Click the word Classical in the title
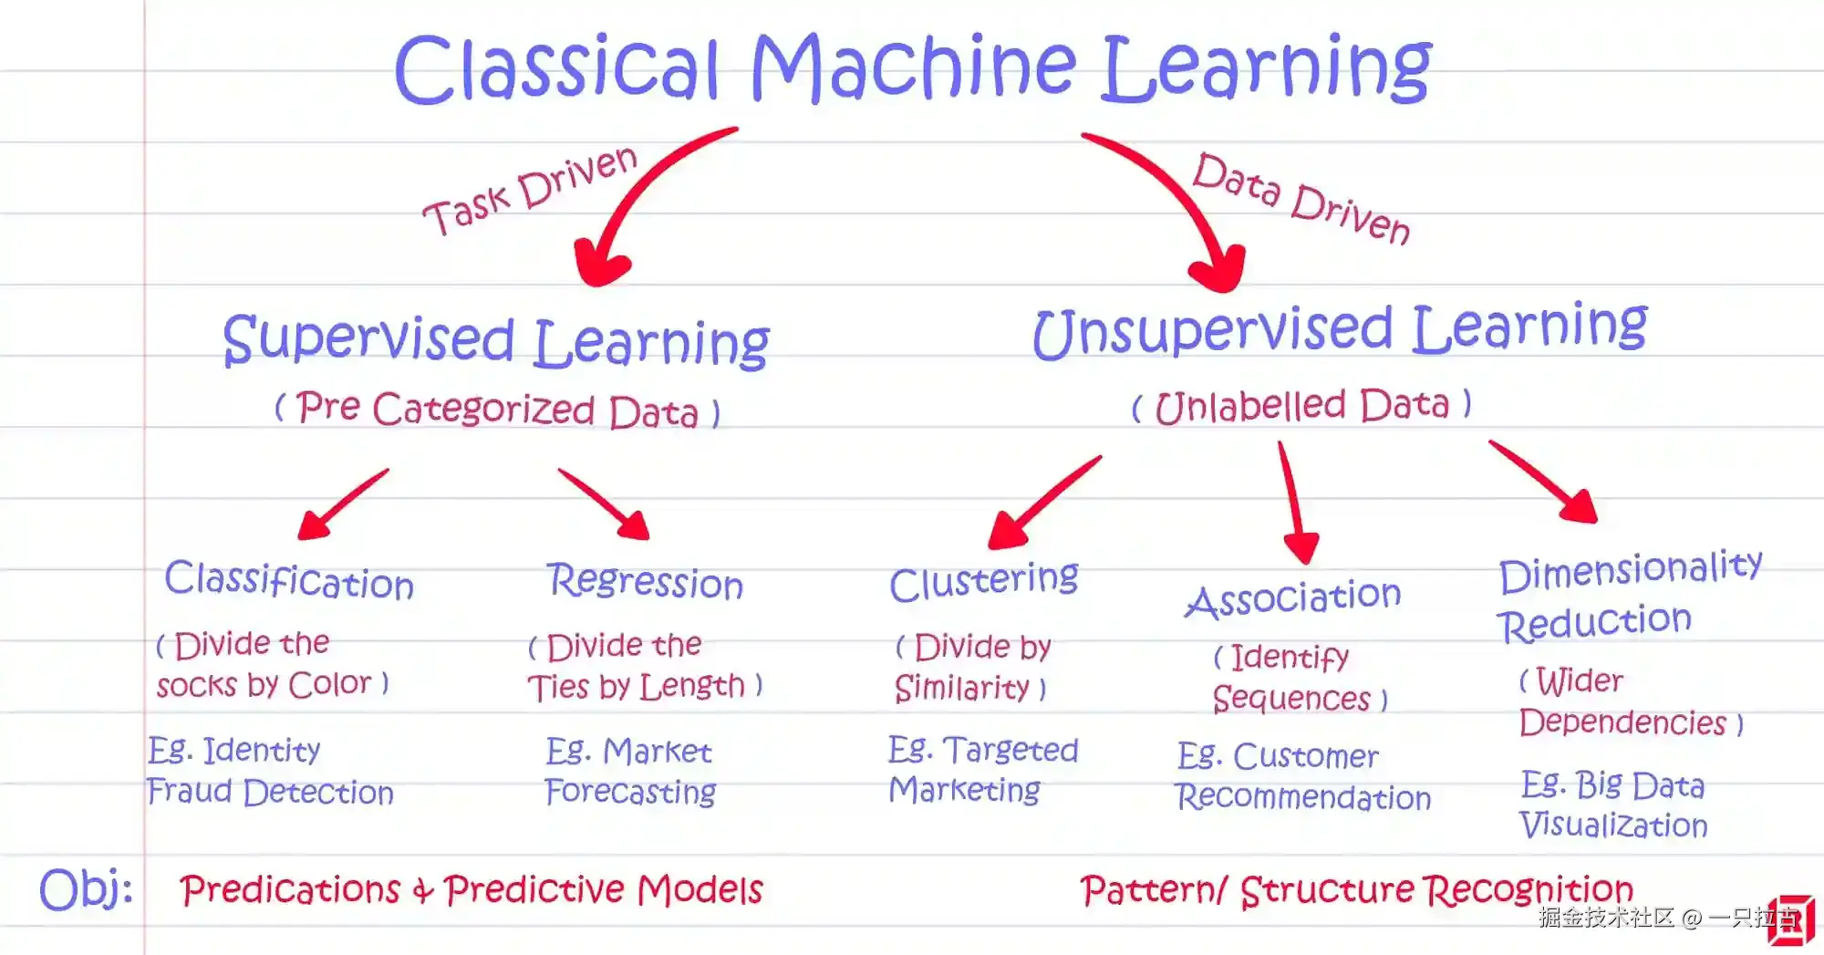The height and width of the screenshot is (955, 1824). pos(556,68)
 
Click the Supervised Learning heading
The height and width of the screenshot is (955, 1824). pos(496,341)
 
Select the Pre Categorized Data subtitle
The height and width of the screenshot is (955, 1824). pos(498,409)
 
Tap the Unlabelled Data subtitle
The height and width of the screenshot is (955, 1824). pos(1301,405)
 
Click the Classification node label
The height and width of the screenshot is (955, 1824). pos(289,580)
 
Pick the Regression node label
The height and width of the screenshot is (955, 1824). pos(645,581)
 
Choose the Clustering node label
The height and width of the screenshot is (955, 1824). pos(983,581)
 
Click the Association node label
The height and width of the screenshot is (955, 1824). pos(1292,598)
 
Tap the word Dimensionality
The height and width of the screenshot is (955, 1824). pos(1630,570)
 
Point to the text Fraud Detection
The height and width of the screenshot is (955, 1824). pos(270,792)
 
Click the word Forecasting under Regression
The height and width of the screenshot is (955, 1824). pos(630,792)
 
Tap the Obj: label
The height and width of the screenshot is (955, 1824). pos(86,888)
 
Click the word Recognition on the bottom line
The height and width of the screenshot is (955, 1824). pos(1529,889)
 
